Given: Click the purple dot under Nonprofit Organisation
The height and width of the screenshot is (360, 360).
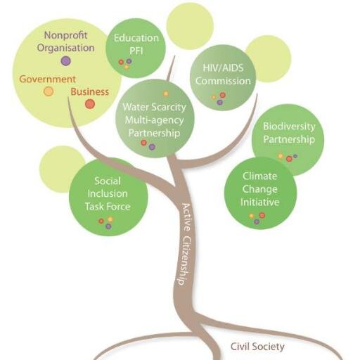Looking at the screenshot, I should coord(65,61).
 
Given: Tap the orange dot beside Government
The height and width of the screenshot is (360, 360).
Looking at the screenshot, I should coord(49,91).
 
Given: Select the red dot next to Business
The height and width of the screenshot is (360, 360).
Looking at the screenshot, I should coord(90,104).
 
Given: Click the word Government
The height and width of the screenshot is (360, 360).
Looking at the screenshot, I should coord(48,79).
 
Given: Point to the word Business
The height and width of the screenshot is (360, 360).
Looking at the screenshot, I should coord(90,91).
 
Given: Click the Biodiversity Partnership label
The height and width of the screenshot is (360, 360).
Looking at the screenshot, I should coord(289,133).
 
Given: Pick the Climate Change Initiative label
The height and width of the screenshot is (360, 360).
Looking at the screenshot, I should coord(259,188).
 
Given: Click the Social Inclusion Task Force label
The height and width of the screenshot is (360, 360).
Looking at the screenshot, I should coord(108,194).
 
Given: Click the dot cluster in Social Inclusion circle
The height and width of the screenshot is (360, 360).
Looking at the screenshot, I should coord(106,222).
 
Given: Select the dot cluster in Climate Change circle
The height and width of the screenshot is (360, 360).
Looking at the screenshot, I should coord(257,217).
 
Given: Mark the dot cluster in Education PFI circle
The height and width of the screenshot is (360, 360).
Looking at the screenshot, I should coord(125,63).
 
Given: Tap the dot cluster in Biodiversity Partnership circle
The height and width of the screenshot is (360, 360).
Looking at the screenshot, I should coord(287,157).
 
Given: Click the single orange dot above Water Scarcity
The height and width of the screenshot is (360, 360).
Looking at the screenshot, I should coord(166,94).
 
